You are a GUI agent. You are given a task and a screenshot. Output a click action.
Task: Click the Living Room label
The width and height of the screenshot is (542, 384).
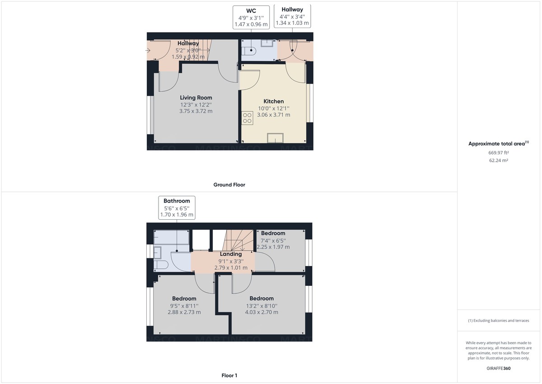(x=196, y=98)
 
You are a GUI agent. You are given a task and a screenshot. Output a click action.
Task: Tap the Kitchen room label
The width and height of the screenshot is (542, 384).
(x=273, y=101)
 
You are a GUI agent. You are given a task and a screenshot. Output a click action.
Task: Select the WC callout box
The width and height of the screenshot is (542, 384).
(x=251, y=17)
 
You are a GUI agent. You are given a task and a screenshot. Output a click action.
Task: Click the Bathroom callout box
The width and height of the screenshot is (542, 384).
(x=177, y=208)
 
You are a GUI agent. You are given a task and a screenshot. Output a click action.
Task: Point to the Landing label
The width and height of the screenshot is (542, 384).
(x=230, y=254)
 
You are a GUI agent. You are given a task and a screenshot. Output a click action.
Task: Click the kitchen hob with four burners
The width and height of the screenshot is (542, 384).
(x=247, y=118)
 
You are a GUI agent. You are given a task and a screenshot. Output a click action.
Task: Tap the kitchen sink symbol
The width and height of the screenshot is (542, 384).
(x=275, y=137)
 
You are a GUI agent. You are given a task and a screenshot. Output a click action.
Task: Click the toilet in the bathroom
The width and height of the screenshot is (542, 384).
(x=161, y=265)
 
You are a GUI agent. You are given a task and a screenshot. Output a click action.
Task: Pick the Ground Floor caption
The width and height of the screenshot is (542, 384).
(x=229, y=185)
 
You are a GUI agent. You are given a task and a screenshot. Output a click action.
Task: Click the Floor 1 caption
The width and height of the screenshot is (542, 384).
(x=229, y=375)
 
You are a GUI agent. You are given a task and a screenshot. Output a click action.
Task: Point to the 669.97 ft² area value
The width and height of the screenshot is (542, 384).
(x=498, y=153)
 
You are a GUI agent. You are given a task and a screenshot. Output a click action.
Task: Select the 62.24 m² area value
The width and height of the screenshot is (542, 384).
(x=498, y=161)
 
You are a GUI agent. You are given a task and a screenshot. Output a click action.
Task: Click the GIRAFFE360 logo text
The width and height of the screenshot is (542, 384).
(x=498, y=368)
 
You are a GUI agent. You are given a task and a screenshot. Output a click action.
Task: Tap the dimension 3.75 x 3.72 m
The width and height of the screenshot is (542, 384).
(x=196, y=111)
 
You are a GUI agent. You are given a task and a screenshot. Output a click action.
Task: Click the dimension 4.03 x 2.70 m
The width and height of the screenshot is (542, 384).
(x=262, y=312)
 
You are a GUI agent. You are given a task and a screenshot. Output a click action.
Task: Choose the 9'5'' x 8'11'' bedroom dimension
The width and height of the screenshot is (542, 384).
(x=184, y=306)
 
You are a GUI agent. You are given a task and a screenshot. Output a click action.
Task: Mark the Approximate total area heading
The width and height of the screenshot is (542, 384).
(x=498, y=144)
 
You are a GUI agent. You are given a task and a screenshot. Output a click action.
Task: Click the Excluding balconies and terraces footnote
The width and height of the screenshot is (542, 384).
(x=498, y=321)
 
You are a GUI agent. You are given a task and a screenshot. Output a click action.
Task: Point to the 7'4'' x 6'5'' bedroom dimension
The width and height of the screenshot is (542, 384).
(x=273, y=240)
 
